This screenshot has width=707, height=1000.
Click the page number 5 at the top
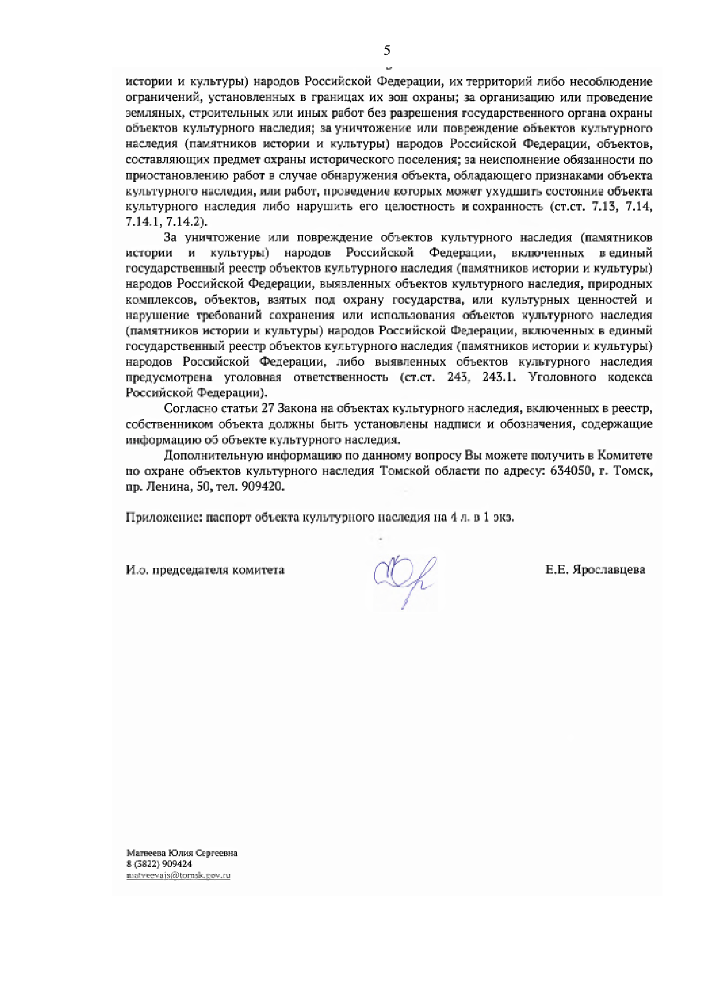point(387,51)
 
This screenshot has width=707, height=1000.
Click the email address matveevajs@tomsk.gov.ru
point(178,875)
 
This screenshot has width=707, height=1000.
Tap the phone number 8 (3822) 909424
point(159,864)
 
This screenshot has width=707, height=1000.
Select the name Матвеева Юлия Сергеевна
point(181,853)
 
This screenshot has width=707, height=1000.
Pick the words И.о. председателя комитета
point(205,570)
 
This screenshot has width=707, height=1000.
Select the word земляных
point(147,113)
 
